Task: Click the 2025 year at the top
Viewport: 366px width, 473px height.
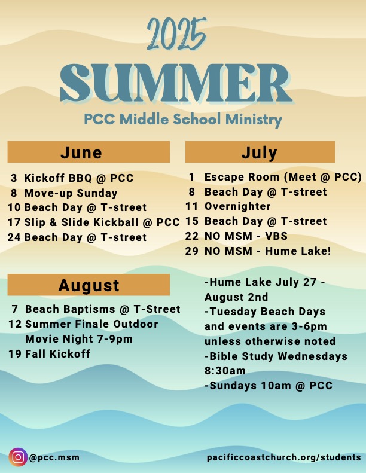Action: click(x=176, y=34)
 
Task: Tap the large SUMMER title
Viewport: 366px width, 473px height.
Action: click(x=177, y=84)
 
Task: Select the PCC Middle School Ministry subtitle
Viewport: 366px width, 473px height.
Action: click(x=183, y=120)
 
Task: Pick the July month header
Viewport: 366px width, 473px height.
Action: click(x=260, y=152)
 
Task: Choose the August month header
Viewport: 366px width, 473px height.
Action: click(x=89, y=285)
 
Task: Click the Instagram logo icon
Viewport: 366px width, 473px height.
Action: click(x=18, y=457)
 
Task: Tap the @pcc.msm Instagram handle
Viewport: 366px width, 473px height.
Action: click(x=54, y=457)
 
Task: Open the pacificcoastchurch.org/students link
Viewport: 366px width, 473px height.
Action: click(x=283, y=457)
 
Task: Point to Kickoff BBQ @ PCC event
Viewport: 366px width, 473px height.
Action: click(x=79, y=178)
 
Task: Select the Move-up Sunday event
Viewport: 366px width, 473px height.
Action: click(x=71, y=193)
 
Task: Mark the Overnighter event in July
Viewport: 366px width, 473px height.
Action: click(x=237, y=206)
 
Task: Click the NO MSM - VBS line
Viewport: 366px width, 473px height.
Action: click(x=246, y=236)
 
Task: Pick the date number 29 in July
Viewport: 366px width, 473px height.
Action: click(x=192, y=251)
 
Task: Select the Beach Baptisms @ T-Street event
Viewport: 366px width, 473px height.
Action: click(x=103, y=309)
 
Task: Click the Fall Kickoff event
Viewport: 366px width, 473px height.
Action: click(x=57, y=353)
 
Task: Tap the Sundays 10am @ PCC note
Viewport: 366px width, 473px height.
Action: click(x=269, y=386)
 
